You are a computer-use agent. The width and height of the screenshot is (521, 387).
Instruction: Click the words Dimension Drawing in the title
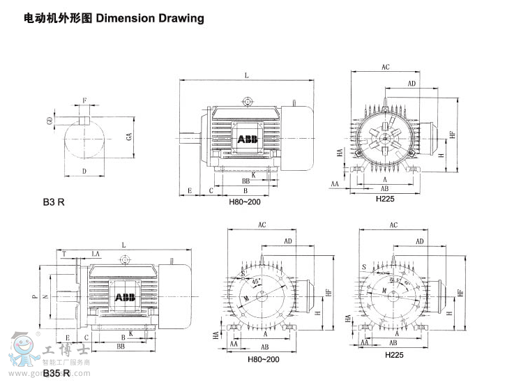150,18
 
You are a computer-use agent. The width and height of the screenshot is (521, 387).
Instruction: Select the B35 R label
56,374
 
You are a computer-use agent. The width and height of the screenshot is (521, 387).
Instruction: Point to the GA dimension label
129,137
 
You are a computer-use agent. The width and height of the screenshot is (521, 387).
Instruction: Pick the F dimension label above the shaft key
85,100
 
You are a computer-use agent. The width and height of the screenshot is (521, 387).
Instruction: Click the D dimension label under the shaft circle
84,171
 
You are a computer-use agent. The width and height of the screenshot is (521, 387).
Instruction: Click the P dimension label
33,296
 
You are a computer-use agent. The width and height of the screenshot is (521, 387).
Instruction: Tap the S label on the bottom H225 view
364,267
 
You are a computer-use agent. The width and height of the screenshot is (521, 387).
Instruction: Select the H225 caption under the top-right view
385,198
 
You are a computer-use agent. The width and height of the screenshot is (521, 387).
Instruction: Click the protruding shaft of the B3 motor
190,138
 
